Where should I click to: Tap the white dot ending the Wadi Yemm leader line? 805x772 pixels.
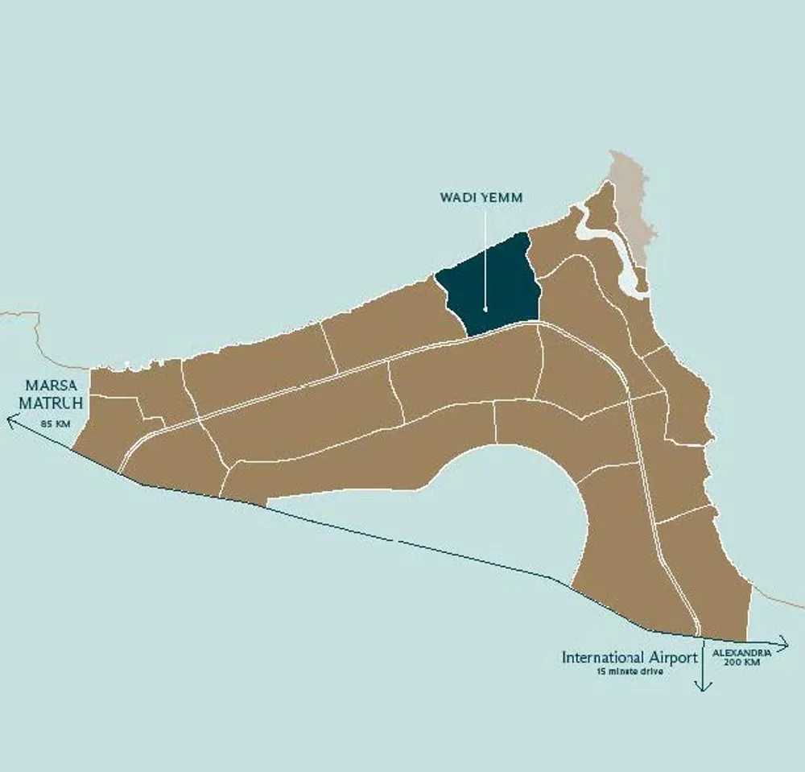(485, 308)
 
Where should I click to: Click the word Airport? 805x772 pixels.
(675, 658)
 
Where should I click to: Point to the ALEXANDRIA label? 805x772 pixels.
(741, 651)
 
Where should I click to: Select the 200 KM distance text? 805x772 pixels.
(741, 662)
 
